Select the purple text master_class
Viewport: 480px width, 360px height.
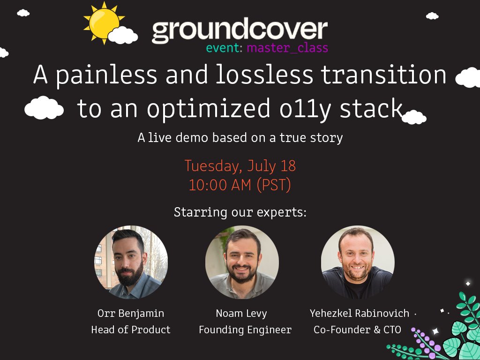tap(287, 48)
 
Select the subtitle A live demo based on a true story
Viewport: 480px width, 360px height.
tap(240, 138)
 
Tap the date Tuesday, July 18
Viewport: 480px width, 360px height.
tap(240, 166)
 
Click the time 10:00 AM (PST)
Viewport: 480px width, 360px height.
tap(240, 185)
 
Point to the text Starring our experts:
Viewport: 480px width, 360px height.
tap(240, 212)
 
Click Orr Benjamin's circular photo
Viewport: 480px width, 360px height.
tap(131, 262)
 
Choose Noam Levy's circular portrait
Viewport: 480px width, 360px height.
tap(242, 262)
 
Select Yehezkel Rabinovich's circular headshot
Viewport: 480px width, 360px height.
tap(358, 262)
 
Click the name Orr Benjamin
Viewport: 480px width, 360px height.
tap(131, 313)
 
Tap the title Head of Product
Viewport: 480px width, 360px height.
tap(131, 330)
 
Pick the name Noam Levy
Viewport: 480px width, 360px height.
tap(242, 313)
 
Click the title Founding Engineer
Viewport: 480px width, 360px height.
tap(245, 330)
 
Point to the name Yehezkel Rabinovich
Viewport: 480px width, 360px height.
tap(360, 313)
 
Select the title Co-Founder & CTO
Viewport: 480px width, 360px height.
tap(357, 330)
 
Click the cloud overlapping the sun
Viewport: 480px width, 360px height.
tap(123, 35)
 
